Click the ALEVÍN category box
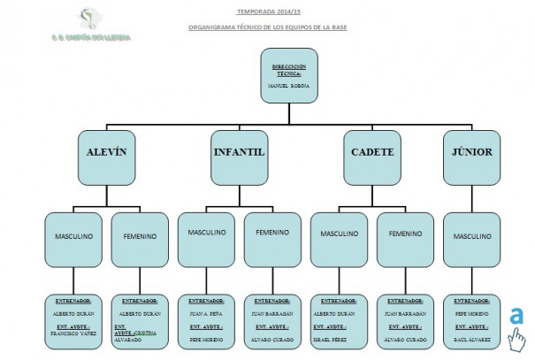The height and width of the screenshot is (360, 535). click(x=107, y=151)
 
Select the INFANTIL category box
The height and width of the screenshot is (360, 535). click(x=239, y=151)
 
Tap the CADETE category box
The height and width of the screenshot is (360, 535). click(x=371, y=151)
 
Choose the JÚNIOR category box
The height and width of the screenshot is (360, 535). click(x=471, y=151)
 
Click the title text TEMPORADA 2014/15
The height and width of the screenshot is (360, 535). click(x=267, y=13)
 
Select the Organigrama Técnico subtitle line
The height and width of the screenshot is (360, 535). click(x=267, y=27)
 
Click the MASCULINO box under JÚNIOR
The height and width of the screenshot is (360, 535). click(x=471, y=236)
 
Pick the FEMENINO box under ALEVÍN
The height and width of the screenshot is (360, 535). click(x=140, y=236)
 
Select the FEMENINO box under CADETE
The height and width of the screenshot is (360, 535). click(x=405, y=234)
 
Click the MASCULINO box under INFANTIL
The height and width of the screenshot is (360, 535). click(x=206, y=233)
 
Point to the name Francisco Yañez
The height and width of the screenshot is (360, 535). click(x=73, y=333)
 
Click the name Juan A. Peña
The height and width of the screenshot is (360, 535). click(x=205, y=313)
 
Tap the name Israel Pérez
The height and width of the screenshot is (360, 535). click(x=339, y=340)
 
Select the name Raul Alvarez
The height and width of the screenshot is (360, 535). click(x=471, y=340)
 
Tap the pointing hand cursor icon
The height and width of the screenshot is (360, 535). click(x=516, y=340)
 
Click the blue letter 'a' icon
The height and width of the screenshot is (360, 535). click(x=516, y=318)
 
